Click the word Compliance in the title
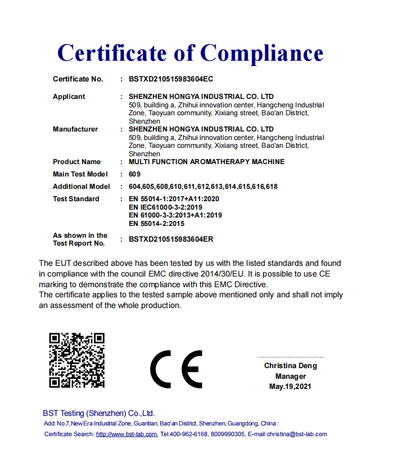[x=262, y=53]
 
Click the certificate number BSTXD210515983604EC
[x=171, y=79]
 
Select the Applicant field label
[x=69, y=97]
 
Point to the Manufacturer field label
[x=75, y=129]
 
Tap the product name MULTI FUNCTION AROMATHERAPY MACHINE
[x=206, y=162]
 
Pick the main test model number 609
[x=134, y=174]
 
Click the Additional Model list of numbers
[x=203, y=187]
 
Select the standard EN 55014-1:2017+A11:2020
[x=174, y=199]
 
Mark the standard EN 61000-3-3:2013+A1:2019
[x=175, y=215]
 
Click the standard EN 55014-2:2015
[x=156, y=223]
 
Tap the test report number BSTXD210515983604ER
[x=171, y=239]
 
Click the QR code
[x=77, y=360]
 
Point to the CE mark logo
[x=175, y=369]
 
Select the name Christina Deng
[x=291, y=366]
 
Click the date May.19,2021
[x=290, y=386]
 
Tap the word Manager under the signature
[x=291, y=376]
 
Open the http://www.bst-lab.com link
[x=126, y=434]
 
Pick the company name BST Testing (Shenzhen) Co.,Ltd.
[x=99, y=413]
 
